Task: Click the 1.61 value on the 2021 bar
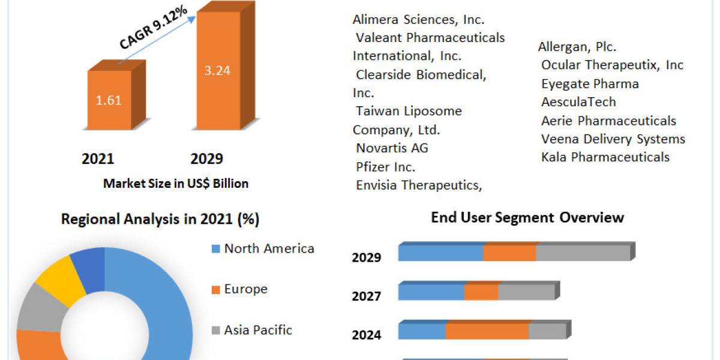[109, 100]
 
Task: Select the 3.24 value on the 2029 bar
[218, 70]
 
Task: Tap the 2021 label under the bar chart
[98, 159]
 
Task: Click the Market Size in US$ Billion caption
[176, 184]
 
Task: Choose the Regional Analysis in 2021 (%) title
[160, 220]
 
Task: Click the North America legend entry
[269, 248]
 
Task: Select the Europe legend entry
[245, 289]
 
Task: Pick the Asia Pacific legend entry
[258, 329]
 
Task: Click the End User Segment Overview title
[527, 217]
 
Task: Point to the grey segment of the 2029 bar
[583, 253]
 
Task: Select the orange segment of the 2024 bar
[487, 331]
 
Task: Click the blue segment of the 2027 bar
[431, 292]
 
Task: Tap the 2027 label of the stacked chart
[366, 296]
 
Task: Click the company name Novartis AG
[392, 148]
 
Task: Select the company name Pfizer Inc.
[385, 166]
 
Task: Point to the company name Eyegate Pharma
[589, 84]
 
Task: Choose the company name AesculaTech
[578, 102]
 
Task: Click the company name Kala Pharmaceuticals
[605, 157]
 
